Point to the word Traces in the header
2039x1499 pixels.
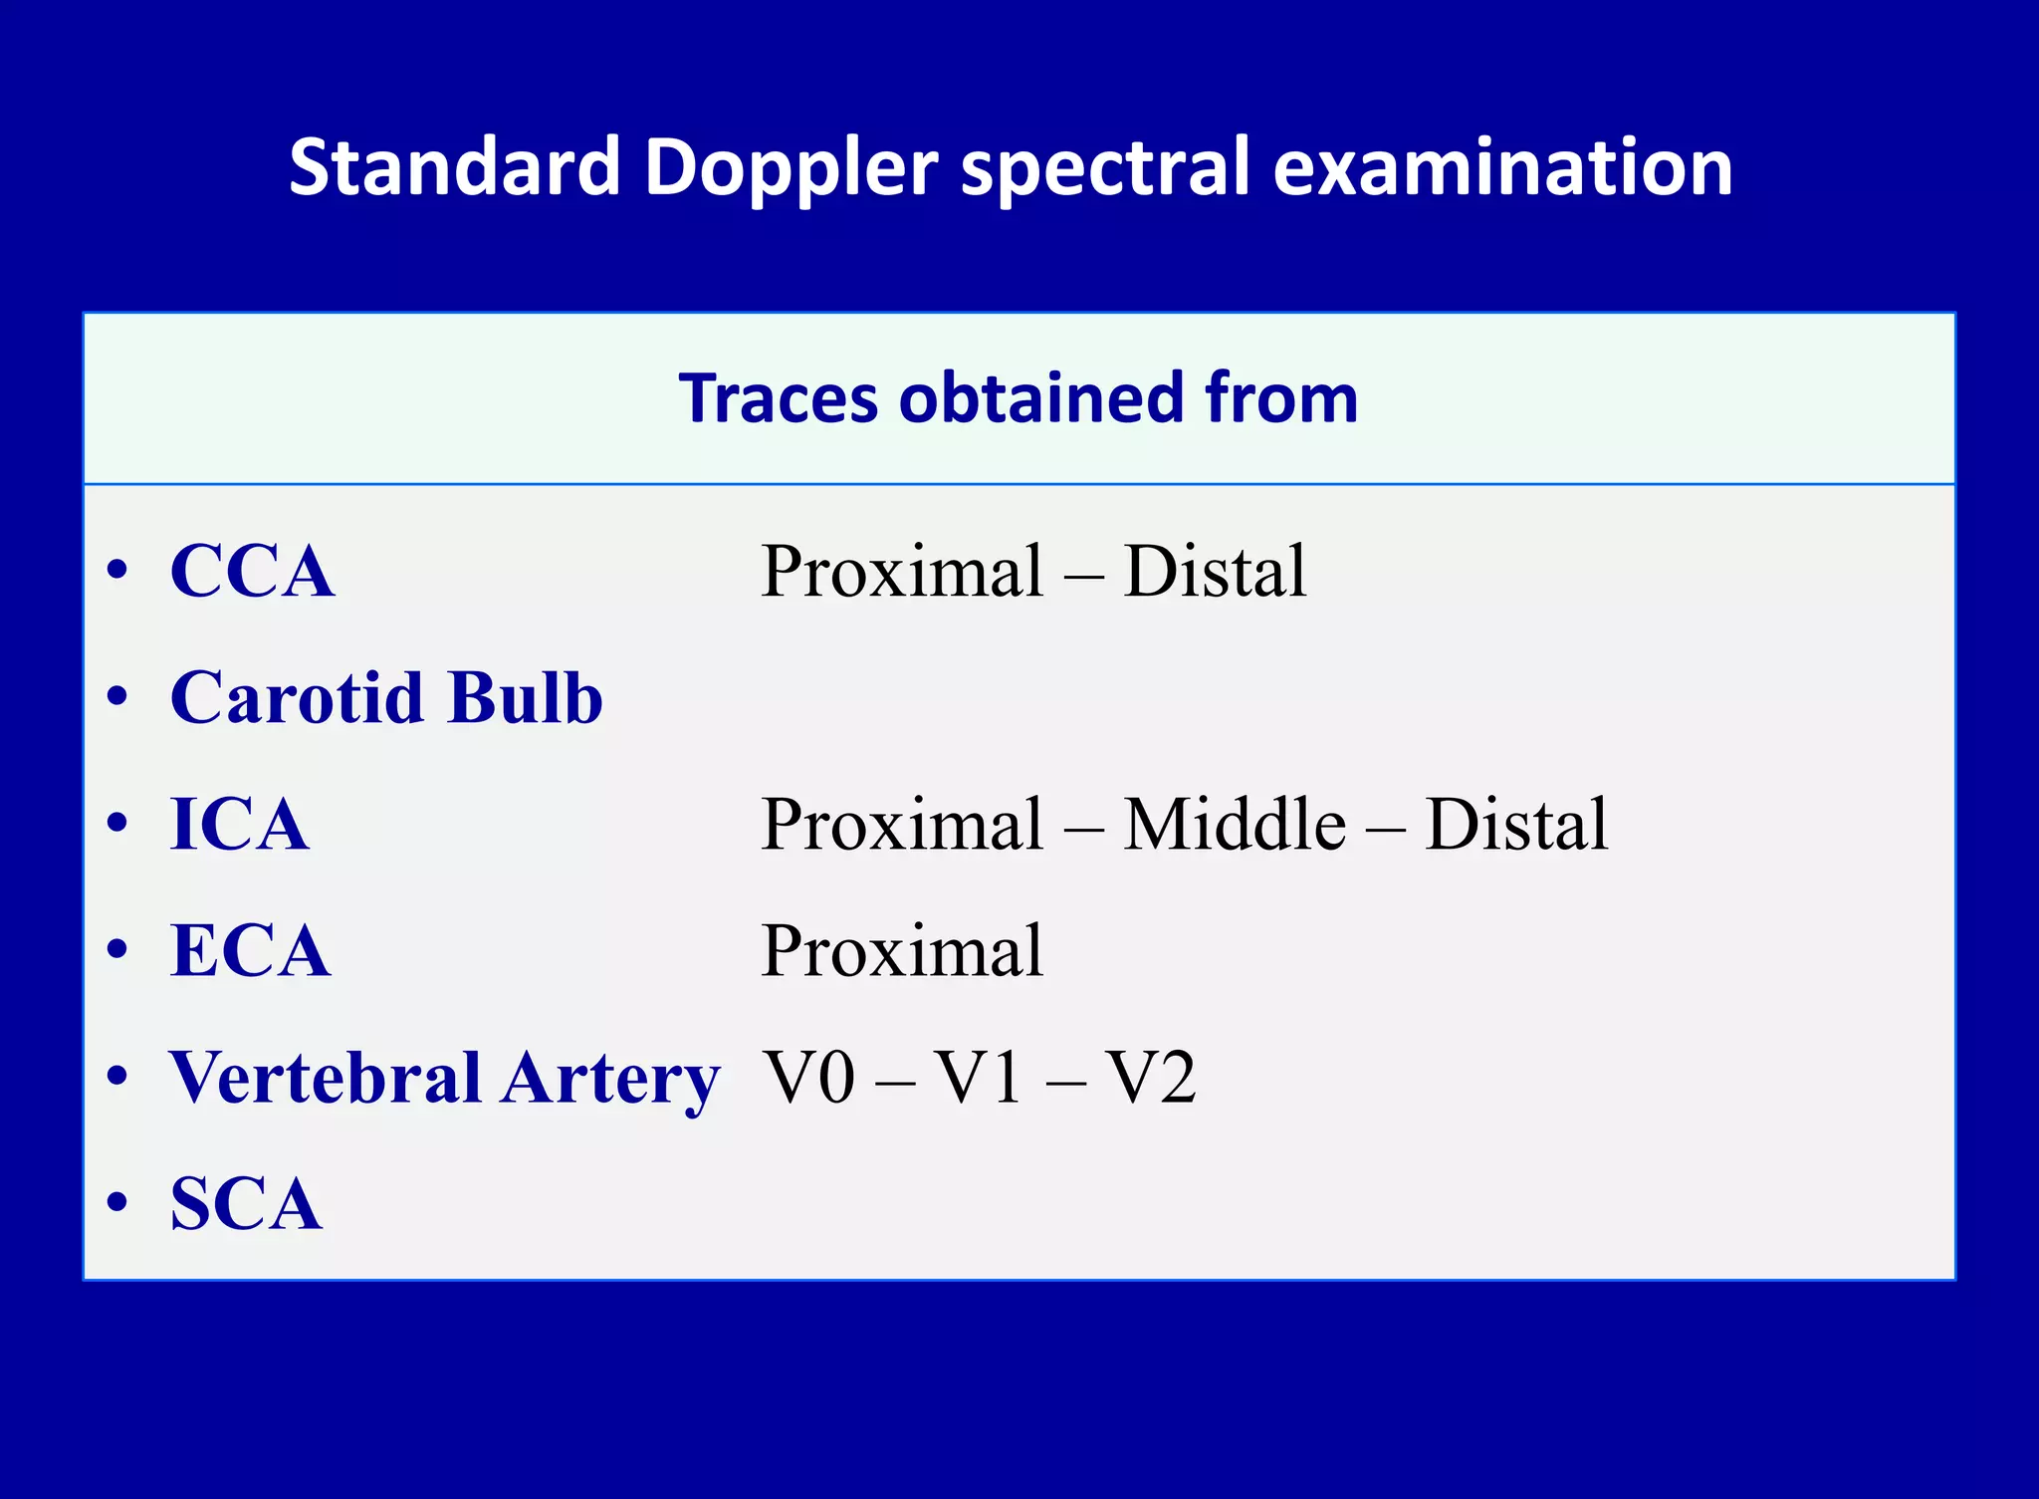click(778, 398)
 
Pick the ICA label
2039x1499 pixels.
click(239, 824)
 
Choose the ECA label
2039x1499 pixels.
click(250, 950)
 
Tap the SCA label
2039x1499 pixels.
click(246, 1203)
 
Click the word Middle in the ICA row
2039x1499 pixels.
click(1235, 824)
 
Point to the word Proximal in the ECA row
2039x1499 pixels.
click(902, 950)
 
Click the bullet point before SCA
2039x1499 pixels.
click(117, 1203)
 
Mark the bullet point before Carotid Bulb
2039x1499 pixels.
click(117, 697)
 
